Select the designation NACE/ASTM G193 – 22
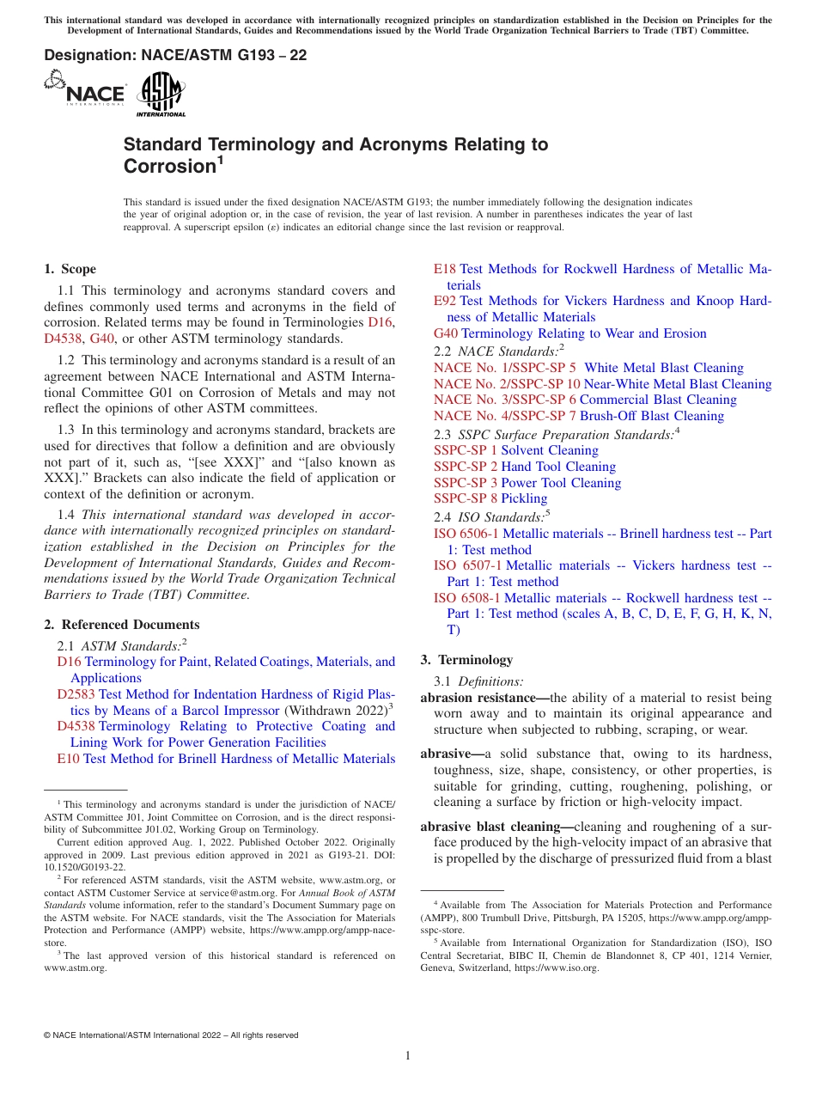point(175,56)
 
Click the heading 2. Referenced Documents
point(121,625)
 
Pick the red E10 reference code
point(68,759)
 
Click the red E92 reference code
point(445,301)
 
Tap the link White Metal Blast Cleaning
point(663,368)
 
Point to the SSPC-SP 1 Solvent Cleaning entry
point(515,450)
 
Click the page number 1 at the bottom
point(408,1056)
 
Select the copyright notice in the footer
point(171,1035)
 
